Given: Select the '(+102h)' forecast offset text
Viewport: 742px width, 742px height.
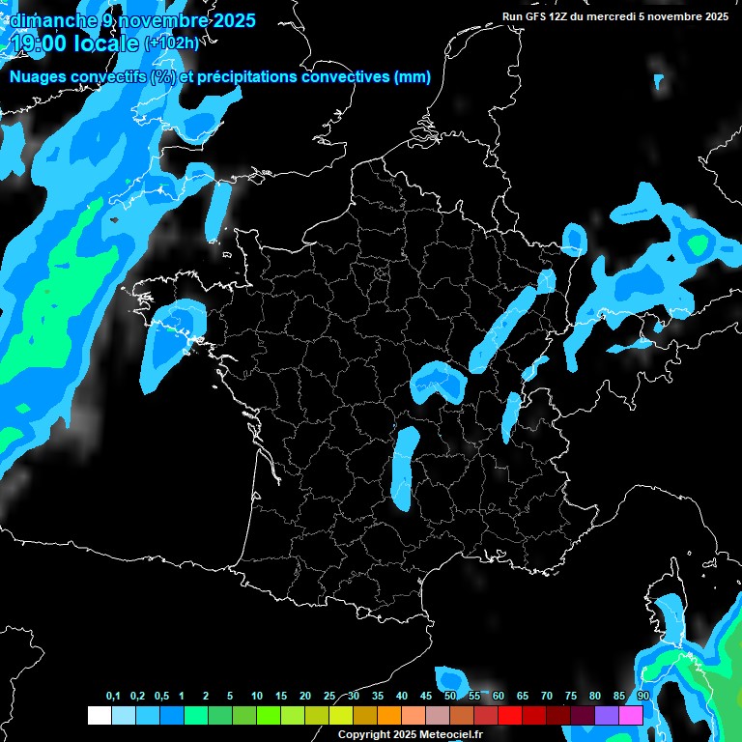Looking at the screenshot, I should click(172, 43).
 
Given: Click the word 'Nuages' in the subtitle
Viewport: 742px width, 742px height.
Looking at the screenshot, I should click(36, 77).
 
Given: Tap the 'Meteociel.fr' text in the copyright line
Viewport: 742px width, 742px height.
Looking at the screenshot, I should click(451, 734).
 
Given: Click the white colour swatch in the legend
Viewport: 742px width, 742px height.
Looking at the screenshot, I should click(99, 715).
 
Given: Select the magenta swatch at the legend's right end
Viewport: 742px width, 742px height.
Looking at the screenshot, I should click(631, 715).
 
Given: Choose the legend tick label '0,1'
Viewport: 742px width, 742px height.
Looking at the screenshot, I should click(113, 697).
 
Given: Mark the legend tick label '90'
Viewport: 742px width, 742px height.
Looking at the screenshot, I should click(642, 697).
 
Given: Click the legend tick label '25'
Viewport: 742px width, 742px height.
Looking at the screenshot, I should click(329, 697).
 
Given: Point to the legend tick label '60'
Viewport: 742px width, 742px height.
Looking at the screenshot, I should click(499, 697).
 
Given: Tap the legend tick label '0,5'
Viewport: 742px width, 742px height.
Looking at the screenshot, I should click(160, 697).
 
